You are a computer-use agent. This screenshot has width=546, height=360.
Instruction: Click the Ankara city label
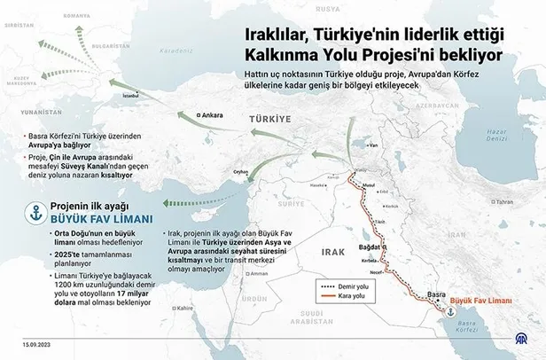click(x=211, y=115)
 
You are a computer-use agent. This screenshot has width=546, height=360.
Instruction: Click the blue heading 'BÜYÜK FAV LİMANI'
click(x=99, y=219)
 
